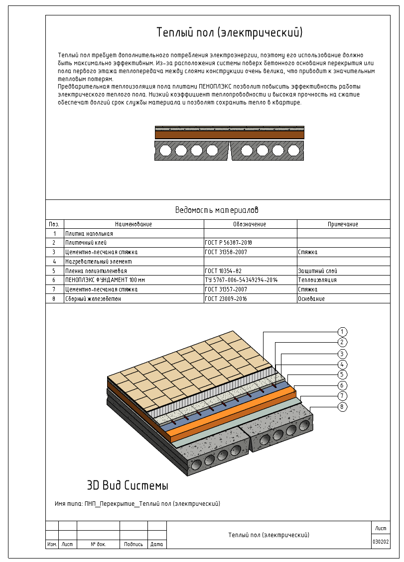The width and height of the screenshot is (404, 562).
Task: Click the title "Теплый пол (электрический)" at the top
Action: tap(230, 33)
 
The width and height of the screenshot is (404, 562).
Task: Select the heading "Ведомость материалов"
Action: tap(217, 210)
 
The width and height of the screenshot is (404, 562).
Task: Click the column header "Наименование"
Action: tap(134, 224)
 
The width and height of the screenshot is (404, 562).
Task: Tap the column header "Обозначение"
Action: tap(250, 224)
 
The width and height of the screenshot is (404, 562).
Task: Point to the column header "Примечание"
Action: tap(343, 224)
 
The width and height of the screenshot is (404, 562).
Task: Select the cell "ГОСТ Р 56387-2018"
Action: tap(228, 243)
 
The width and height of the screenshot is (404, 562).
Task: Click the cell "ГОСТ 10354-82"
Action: tap(223, 271)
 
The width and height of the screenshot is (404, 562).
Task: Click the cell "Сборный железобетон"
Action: tap(93, 299)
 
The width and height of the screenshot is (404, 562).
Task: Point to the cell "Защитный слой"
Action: tap(317, 271)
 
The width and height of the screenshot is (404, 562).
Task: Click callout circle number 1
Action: tap(342, 332)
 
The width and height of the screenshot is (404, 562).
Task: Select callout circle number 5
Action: tap(342, 375)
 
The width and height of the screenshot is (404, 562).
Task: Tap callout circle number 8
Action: tap(342, 407)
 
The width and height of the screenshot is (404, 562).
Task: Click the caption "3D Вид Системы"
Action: tap(128, 485)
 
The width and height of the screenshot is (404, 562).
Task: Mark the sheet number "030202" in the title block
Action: tap(381, 542)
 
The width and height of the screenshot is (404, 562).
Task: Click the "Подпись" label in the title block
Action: tap(134, 544)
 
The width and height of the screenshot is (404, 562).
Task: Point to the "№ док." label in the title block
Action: tap(98, 544)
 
